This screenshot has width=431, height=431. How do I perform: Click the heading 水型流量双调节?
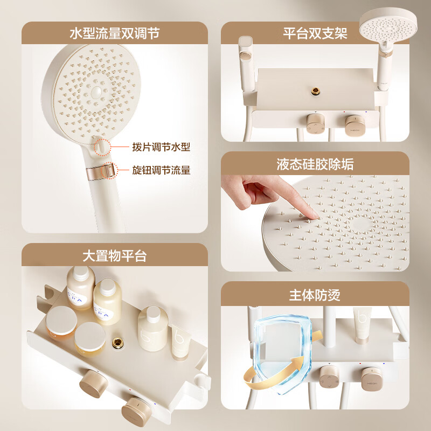tap(114, 33)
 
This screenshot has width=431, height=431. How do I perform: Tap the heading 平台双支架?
tap(315, 33)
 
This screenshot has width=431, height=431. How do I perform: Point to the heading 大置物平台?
tap(114, 255)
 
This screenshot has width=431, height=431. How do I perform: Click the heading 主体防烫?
tap(315, 295)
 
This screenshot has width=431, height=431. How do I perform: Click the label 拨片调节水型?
tap(161, 147)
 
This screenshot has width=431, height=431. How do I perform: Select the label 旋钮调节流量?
tap(161, 170)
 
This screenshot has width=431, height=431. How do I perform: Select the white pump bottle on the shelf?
tap(152, 328)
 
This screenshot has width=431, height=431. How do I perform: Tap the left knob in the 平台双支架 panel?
tap(315, 123)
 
